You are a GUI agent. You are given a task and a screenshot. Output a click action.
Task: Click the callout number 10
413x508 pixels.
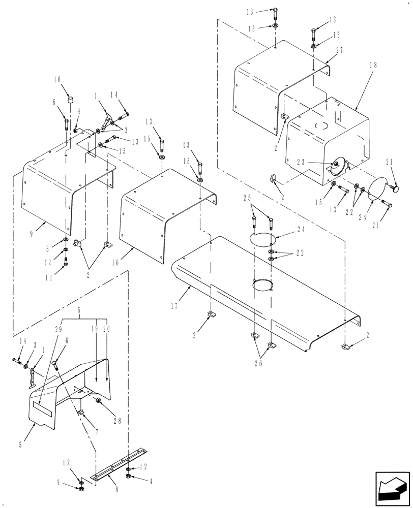tap(57, 80)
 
